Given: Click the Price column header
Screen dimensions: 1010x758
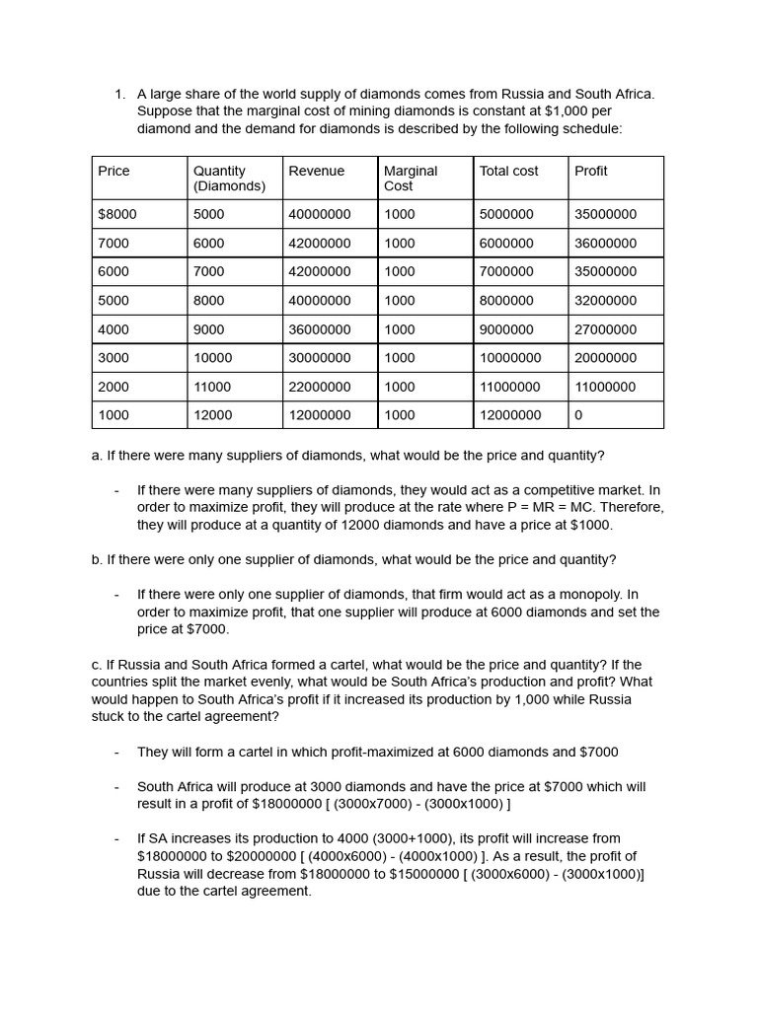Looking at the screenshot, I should pyautogui.click(x=114, y=172).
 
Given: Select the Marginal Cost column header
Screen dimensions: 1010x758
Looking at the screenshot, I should pyautogui.click(x=411, y=179).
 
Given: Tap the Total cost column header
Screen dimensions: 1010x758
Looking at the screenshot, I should pyautogui.click(x=508, y=172).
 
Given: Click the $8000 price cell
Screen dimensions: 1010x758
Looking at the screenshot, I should pyautogui.click(x=117, y=214).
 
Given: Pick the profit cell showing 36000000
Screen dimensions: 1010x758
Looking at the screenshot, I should pyautogui.click(x=605, y=244).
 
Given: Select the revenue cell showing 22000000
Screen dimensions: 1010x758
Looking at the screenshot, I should pyautogui.click(x=319, y=387).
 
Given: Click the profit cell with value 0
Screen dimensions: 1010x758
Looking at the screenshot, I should pyautogui.click(x=578, y=415).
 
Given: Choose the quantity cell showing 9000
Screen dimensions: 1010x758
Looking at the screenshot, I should pyautogui.click(x=208, y=329).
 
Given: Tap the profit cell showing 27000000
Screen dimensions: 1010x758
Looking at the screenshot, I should pyautogui.click(x=605, y=329).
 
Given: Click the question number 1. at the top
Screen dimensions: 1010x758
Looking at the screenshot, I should pyautogui.click(x=119, y=95).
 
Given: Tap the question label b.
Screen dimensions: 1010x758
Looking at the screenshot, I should pyautogui.click(x=97, y=560).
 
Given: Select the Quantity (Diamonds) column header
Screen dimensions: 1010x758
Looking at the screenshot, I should pyautogui.click(x=229, y=179).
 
